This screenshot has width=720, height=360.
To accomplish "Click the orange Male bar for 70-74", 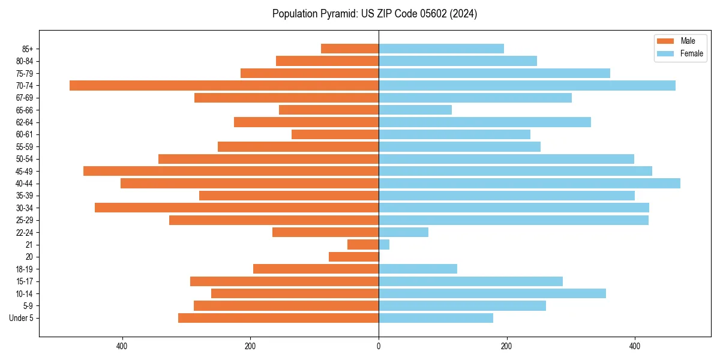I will pyautogui.click(x=224, y=85).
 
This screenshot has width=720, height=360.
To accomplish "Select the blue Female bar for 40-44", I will pyautogui.click(x=529, y=183).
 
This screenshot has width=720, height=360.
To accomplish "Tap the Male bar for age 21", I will pyautogui.click(x=363, y=244).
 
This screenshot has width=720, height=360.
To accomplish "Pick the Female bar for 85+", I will pyautogui.click(x=441, y=49).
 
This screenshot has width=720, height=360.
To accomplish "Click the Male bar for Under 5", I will pyautogui.click(x=278, y=318).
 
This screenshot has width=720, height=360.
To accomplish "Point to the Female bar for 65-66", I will pyautogui.click(x=415, y=110).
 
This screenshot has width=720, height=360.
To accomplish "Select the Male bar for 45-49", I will pyautogui.click(x=231, y=171).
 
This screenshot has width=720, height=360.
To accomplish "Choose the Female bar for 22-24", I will pyautogui.click(x=403, y=232).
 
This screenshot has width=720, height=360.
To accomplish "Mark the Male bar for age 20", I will pyautogui.click(x=353, y=257).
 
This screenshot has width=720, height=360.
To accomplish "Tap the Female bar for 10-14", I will pyautogui.click(x=492, y=293).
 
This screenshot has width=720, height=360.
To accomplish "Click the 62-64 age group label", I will pyautogui.click(x=25, y=122).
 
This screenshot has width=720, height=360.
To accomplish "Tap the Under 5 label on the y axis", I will pyautogui.click(x=22, y=318).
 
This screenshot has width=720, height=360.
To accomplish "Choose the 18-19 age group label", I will pyautogui.click(x=25, y=269).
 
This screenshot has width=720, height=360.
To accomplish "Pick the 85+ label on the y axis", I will pyautogui.click(x=28, y=49).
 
